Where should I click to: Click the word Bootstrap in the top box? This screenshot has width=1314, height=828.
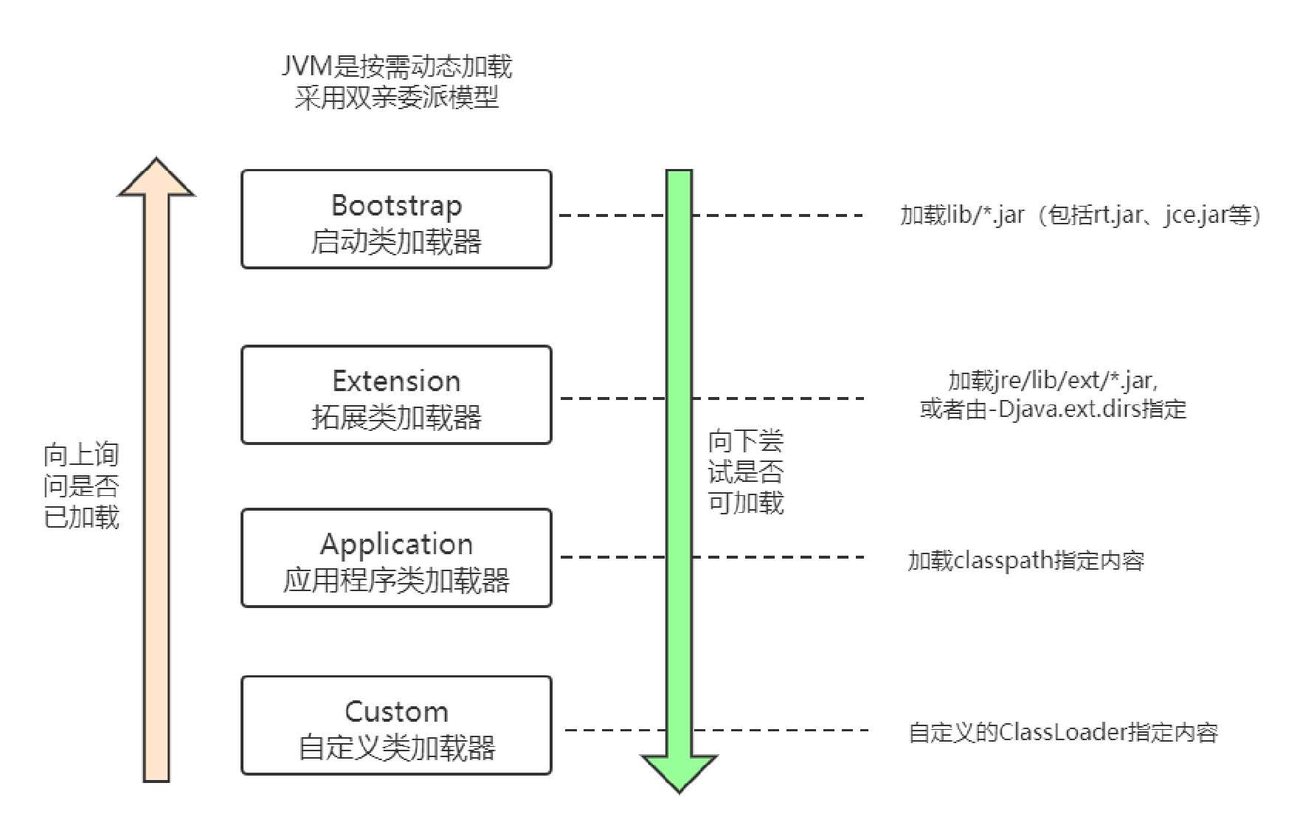pyautogui.click(x=396, y=205)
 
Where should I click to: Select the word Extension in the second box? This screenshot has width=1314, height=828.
pyautogui.click(x=396, y=381)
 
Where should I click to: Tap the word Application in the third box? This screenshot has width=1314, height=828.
pyautogui.click(x=396, y=544)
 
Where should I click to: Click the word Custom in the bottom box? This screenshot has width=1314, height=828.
pyautogui.click(x=396, y=711)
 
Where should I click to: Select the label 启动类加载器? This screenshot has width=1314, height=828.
pyautogui.click(x=396, y=241)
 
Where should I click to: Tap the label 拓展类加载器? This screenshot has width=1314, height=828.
pyautogui.click(x=396, y=417)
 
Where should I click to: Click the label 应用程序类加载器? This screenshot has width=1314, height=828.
pyautogui.click(x=396, y=580)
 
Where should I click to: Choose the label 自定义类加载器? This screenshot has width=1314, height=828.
pyautogui.click(x=396, y=748)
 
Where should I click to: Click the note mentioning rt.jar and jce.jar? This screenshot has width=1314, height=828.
pyautogui.click(x=1080, y=215)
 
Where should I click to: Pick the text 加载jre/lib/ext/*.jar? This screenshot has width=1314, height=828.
pyautogui.click(x=1053, y=380)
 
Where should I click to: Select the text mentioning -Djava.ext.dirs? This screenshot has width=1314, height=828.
pyautogui.click(x=1053, y=409)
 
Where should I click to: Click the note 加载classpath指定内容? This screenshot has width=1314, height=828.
pyautogui.click(x=1026, y=560)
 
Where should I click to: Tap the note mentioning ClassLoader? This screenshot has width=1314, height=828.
pyautogui.click(x=1062, y=732)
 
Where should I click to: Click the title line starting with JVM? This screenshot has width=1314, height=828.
pyautogui.click(x=396, y=66)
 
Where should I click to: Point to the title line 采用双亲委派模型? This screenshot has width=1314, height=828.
pyautogui.click(x=396, y=97)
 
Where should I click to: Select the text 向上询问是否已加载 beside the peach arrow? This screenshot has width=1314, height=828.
pyautogui.click(x=81, y=486)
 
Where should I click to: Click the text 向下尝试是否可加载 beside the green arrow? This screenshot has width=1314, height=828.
pyautogui.click(x=745, y=472)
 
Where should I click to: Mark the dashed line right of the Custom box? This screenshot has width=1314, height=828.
pyautogui.click(x=782, y=730)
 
